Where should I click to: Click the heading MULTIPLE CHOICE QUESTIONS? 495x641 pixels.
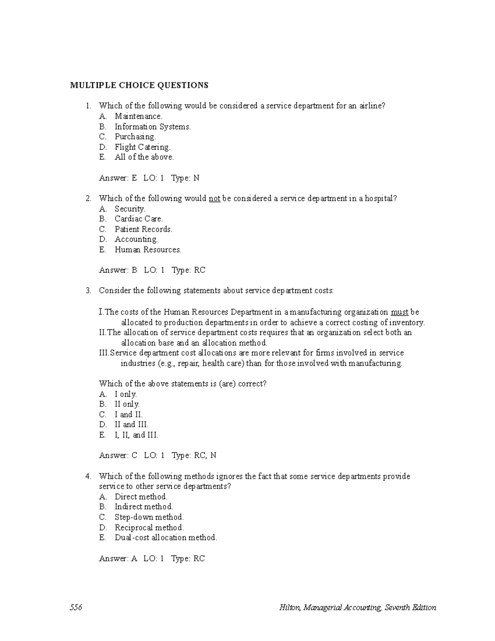click(139, 85)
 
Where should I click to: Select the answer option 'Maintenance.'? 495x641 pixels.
click(138, 116)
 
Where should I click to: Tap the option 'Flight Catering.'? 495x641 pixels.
click(142, 147)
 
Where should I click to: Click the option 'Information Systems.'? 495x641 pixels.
click(153, 127)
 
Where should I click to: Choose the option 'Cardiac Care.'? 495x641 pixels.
click(139, 219)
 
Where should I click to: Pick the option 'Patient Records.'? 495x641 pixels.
click(143, 229)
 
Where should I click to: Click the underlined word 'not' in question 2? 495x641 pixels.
click(214, 199)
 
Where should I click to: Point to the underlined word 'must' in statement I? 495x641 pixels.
click(399, 312)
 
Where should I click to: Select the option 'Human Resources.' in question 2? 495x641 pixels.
click(148, 250)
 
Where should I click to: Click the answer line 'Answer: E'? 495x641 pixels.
click(118, 178)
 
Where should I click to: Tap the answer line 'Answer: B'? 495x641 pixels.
click(118, 270)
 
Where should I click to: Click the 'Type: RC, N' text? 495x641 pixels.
click(194, 456)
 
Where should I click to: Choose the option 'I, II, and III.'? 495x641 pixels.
click(136, 435)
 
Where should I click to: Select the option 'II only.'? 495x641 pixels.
click(127, 404)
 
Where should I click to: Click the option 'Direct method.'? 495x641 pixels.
click(141, 497)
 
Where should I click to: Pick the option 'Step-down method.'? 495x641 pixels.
click(149, 517)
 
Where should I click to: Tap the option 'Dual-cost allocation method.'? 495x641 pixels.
click(165, 537)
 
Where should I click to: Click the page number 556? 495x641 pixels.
click(76, 608)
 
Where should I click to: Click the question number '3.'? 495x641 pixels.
click(88, 291)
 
